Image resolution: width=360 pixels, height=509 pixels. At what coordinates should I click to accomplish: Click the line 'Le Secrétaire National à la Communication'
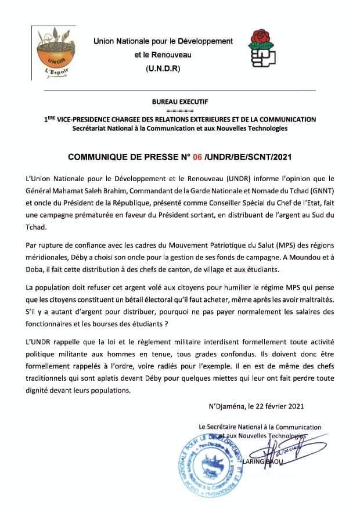coord(260,427)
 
